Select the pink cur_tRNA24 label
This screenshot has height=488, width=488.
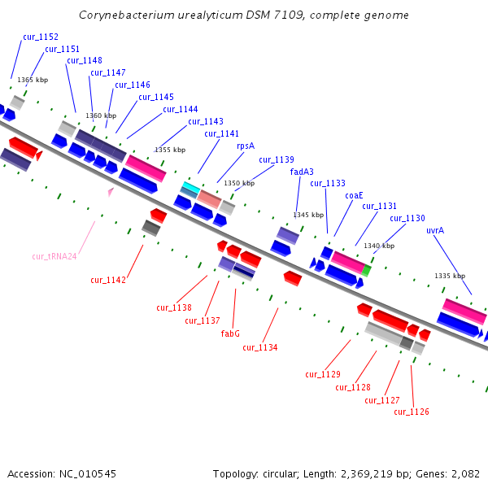[x=54, y=256]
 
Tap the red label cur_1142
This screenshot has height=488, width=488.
[x=108, y=280]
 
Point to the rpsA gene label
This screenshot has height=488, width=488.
[x=246, y=146]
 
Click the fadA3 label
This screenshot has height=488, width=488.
[x=302, y=172]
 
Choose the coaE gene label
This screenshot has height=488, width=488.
[x=354, y=195]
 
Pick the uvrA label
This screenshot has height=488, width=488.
[x=435, y=230]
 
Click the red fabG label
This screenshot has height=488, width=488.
[x=230, y=333]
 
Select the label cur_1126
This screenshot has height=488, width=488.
[x=412, y=412]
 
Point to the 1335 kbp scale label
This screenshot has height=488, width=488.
[x=450, y=276]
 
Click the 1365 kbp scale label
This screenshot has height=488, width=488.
[x=33, y=80]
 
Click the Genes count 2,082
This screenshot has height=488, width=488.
[x=463, y=473]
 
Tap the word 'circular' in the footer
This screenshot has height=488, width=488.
[x=284, y=473]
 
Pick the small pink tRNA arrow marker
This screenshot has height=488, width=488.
[x=111, y=192]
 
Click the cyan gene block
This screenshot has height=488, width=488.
[x=190, y=188]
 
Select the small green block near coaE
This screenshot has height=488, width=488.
[x=367, y=270]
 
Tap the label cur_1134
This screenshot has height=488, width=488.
[x=259, y=347]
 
